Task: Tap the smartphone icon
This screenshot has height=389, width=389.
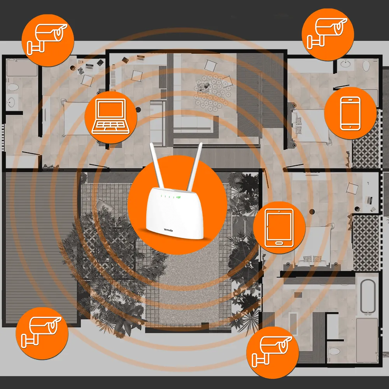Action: [350, 113]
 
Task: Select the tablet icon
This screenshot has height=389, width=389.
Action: [279, 228]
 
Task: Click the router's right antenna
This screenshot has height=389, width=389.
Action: [195, 165]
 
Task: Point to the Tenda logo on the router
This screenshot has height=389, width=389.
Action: [168, 230]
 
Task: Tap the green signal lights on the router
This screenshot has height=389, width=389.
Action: [178, 197]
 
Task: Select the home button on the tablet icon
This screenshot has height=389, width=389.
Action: [279, 243]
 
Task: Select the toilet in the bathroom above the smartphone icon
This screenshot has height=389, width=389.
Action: [366, 65]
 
